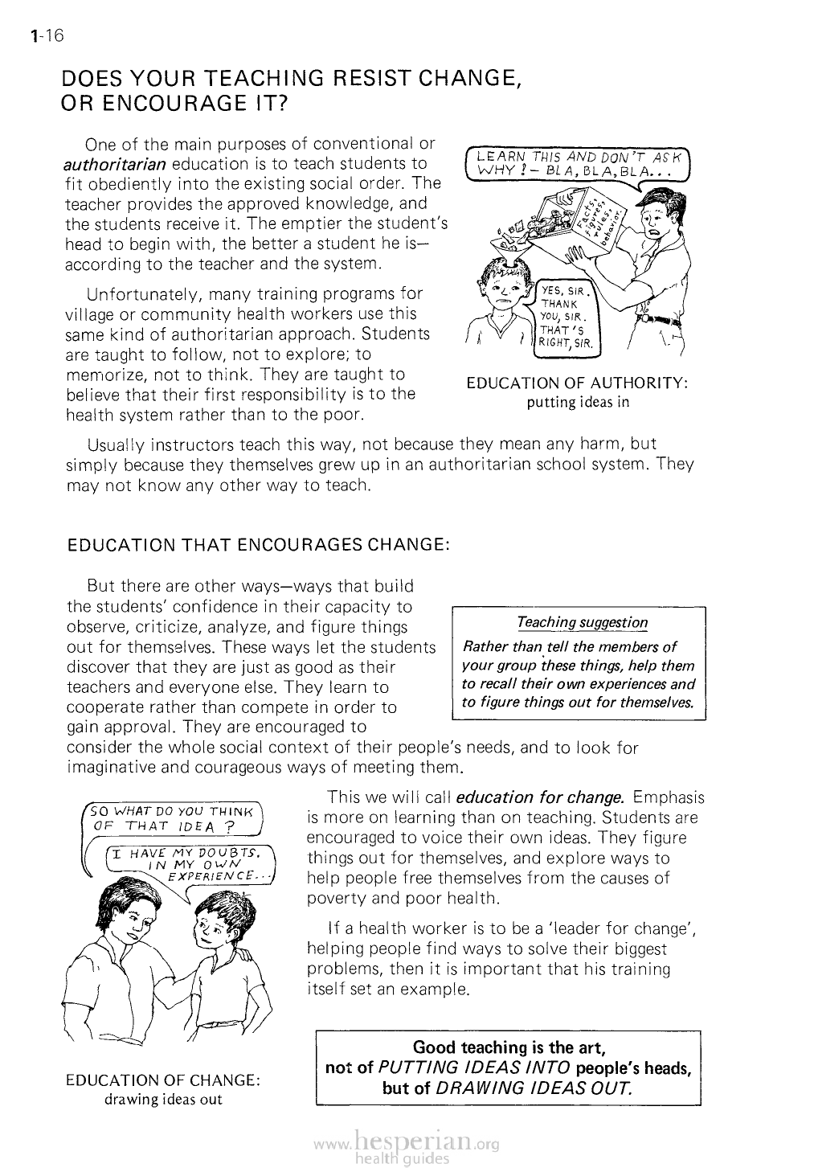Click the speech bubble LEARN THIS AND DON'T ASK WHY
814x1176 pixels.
[x=578, y=163]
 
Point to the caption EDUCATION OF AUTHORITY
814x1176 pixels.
[x=577, y=383]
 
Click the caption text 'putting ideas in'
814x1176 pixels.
[x=577, y=402]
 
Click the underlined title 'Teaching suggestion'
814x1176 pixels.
[x=582, y=622]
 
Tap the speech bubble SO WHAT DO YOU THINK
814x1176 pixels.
[x=174, y=817]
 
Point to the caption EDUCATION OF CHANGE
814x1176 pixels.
[x=163, y=1080]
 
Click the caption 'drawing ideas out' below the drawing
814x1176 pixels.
[x=163, y=1099]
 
